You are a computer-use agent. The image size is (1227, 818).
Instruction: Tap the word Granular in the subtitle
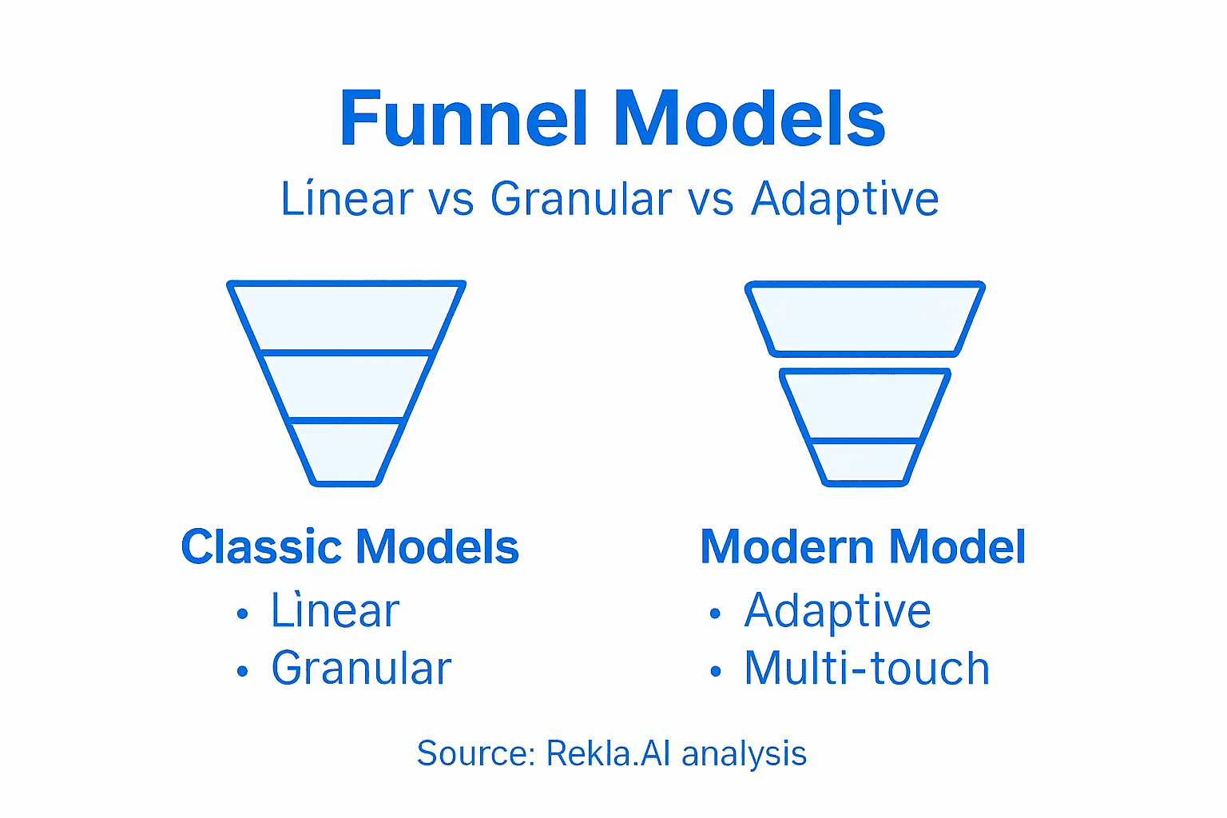click(581, 199)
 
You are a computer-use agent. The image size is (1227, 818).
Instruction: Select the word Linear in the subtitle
click(347, 199)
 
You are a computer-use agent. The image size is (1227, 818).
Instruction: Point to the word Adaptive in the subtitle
click(844, 199)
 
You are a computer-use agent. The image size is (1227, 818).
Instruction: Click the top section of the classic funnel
click(347, 317)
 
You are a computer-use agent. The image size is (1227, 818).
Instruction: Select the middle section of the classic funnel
click(347, 387)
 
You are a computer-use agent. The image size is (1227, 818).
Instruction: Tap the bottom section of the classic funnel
click(346, 451)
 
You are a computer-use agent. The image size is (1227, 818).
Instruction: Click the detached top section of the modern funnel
click(864, 319)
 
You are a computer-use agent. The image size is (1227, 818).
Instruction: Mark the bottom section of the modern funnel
click(864, 461)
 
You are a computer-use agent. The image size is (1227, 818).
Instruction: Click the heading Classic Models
click(350, 547)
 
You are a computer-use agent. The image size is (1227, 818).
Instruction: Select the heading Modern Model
click(863, 547)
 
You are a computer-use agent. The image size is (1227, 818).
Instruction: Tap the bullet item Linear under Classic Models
click(335, 611)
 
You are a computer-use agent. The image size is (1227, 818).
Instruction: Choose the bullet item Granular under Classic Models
click(361, 669)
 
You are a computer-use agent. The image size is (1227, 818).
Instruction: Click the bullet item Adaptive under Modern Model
click(837, 611)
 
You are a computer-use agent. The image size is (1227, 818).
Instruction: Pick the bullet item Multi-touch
click(867, 669)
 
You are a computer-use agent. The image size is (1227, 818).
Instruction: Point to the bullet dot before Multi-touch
click(715, 671)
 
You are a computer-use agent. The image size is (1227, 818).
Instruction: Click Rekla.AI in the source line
click(608, 753)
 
